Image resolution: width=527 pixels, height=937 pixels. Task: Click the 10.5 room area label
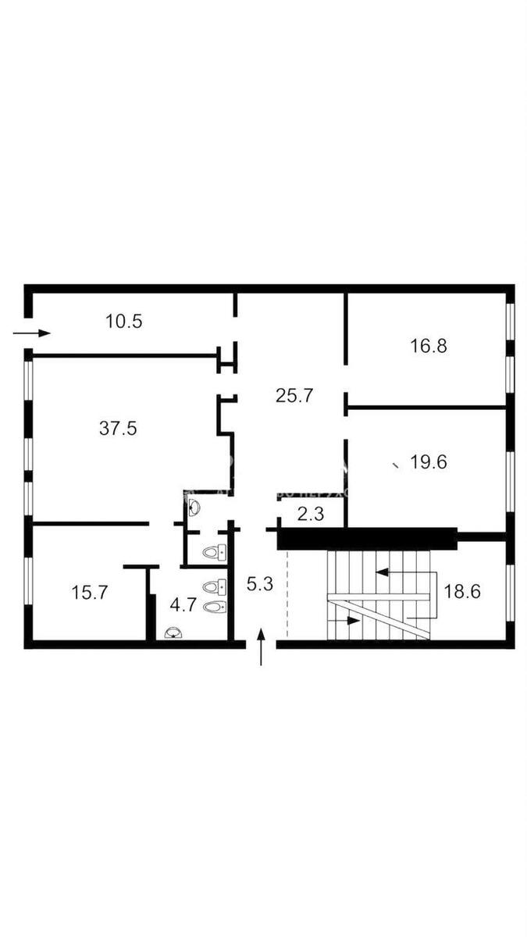click(x=125, y=321)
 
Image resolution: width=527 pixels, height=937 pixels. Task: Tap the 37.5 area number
click(x=118, y=427)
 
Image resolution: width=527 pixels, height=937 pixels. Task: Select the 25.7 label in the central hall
click(x=294, y=396)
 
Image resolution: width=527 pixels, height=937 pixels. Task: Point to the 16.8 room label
click(x=429, y=345)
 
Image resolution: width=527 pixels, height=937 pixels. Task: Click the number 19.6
click(x=429, y=462)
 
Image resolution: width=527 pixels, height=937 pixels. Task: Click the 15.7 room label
click(x=89, y=592)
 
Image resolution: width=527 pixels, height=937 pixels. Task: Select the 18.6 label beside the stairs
click(x=462, y=590)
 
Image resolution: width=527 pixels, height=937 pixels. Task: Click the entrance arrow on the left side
click(x=33, y=333)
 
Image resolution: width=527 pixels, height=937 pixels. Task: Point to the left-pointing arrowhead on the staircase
click(x=383, y=572)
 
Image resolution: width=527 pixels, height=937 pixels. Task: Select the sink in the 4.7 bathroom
click(x=173, y=632)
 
